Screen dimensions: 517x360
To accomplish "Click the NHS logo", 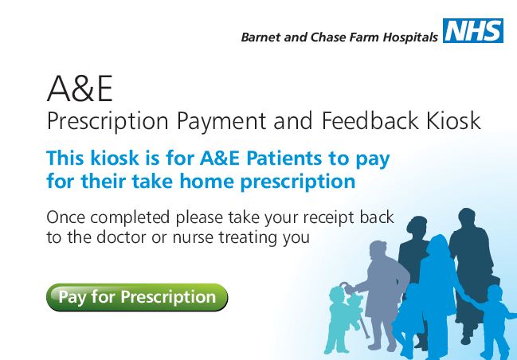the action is (x=473, y=30).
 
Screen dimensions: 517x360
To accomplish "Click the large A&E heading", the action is (x=80, y=88).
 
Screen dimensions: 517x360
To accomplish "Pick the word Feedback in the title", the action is (x=370, y=120).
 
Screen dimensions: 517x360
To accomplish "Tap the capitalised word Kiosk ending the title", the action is (x=453, y=120).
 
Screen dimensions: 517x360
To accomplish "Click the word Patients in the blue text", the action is (x=284, y=158).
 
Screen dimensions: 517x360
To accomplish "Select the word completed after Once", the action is (x=130, y=218).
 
